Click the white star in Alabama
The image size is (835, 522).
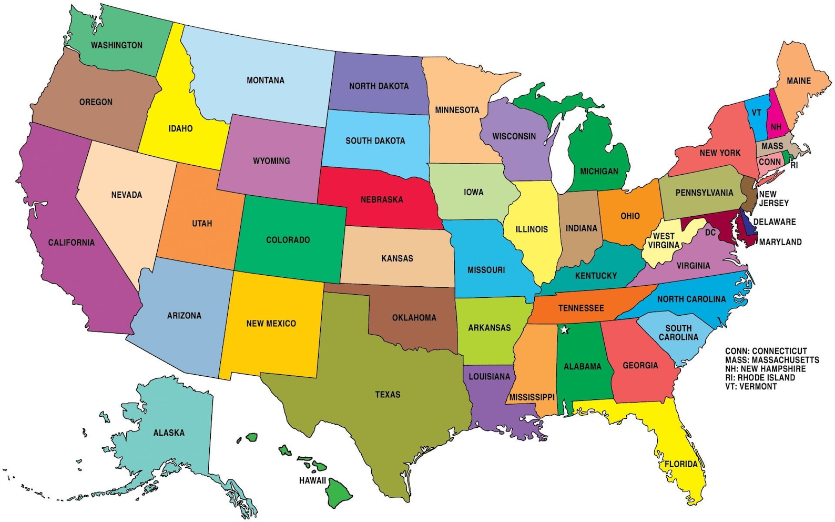564,330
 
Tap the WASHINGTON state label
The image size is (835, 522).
117,45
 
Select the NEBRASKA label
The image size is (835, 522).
382,199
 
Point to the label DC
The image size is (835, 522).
710,233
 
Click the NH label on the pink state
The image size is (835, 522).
776,127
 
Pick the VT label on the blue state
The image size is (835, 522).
756,113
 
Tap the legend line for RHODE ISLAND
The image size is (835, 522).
760,377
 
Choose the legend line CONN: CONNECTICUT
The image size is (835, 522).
766,351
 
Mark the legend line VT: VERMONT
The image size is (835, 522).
750,386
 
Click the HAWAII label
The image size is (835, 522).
312,480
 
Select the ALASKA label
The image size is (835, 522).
169,433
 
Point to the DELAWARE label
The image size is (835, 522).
775,222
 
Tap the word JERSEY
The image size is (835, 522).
774,203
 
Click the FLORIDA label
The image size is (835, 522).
681,464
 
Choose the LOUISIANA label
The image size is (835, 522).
489,376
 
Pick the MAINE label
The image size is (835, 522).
798,81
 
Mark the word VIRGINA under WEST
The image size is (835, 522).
664,245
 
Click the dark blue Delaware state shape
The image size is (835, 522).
747,223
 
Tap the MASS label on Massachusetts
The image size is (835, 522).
772,146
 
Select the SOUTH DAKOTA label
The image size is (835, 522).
375,140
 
